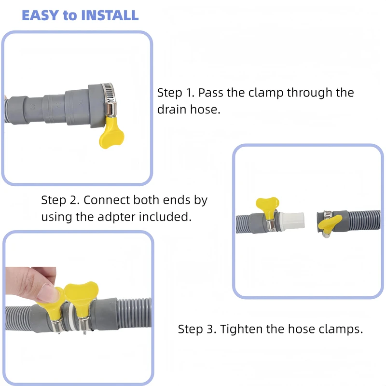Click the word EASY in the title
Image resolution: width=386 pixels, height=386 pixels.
[40, 15]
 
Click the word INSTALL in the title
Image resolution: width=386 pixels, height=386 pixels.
[110, 15]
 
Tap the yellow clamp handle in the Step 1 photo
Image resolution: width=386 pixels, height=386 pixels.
[111, 133]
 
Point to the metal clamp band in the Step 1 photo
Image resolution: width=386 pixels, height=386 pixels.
[109, 99]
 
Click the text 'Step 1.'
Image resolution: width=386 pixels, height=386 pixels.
[176, 93]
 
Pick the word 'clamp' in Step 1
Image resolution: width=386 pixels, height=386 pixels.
[266, 93]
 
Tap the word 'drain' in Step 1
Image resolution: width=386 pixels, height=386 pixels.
[172, 110]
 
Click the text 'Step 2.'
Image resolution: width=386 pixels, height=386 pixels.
[60, 200]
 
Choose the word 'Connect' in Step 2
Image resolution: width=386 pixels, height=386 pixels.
[107, 200]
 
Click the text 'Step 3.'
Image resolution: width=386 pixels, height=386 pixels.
[197, 329]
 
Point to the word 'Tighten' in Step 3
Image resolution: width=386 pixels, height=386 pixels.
[241, 330]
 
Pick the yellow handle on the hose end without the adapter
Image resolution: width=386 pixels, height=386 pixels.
[330, 223]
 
